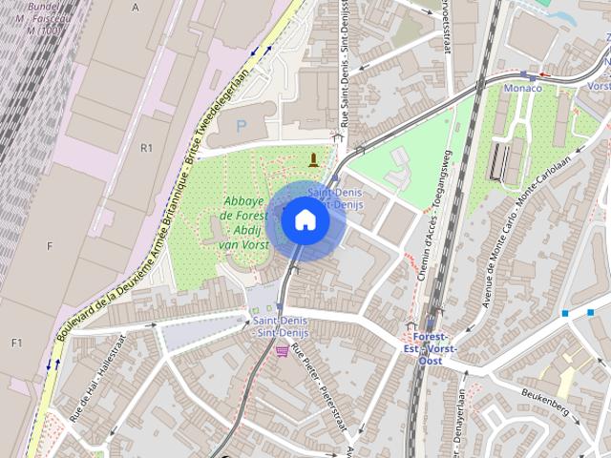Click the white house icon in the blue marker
tap(305, 219)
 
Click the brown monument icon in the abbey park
tap(312, 158)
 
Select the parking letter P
tap(241, 125)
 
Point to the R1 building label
tap(146, 148)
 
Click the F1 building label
tap(16, 343)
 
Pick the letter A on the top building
tap(136, 7)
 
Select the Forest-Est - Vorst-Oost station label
tap(431, 348)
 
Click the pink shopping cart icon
tap(282, 351)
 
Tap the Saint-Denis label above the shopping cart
tap(278, 325)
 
